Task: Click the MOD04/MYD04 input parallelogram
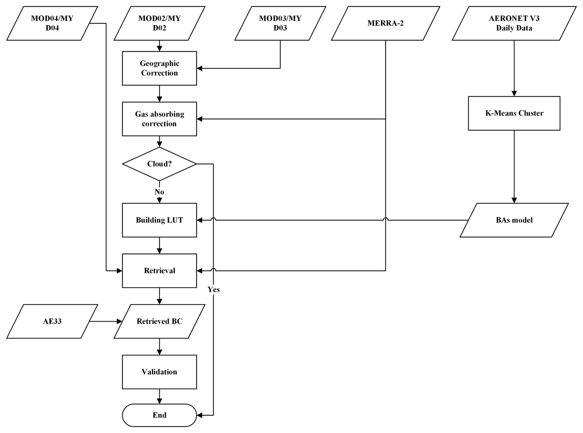52,23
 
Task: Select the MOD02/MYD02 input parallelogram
159,23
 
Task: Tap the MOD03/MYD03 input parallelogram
280,23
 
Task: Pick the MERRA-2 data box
385,23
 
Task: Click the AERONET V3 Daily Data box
514,23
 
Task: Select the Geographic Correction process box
159,68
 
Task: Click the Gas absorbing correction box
159,119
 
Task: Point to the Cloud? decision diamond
159,164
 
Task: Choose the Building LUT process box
159,220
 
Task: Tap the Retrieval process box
159,270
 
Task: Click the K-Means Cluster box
514,113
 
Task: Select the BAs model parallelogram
514,220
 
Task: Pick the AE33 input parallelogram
52,321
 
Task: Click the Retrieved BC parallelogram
159,321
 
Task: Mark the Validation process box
159,372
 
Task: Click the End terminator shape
159,415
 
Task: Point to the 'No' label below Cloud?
159,192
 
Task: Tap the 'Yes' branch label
214,289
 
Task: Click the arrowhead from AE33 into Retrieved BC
120,321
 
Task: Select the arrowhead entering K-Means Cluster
514,93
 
